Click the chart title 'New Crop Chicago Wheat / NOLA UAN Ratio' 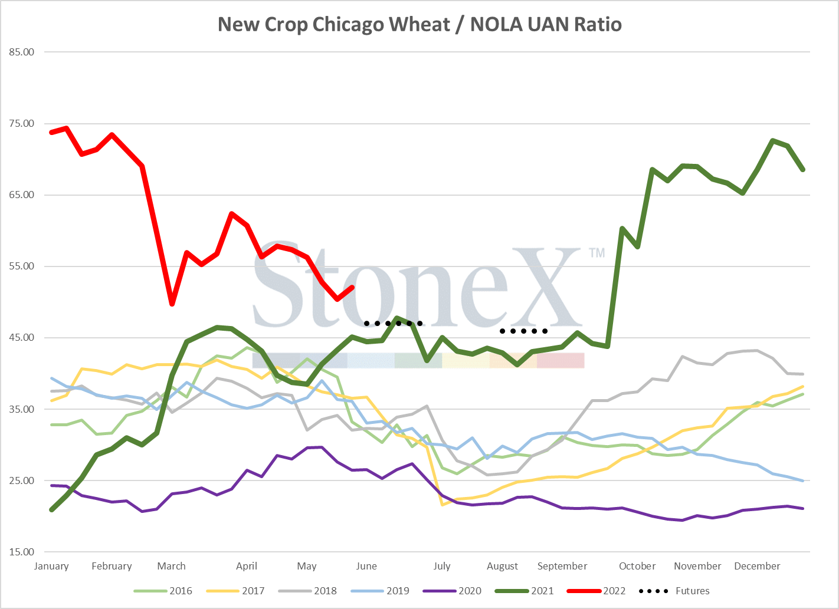(x=419, y=24)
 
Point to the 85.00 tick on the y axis (x=22, y=52)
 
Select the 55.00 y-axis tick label (x=22, y=266)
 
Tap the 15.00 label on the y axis (x=22, y=552)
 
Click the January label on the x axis (x=51, y=566)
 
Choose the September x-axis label (x=562, y=566)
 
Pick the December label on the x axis (x=757, y=566)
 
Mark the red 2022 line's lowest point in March (x=172, y=304)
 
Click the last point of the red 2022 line (x=352, y=287)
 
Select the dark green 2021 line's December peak (x=772, y=141)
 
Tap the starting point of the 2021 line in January (x=51, y=510)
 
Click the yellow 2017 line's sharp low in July (x=442, y=505)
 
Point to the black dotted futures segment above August (x=523, y=331)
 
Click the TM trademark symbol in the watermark (x=597, y=253)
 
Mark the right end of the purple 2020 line (x=802, y=508)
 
